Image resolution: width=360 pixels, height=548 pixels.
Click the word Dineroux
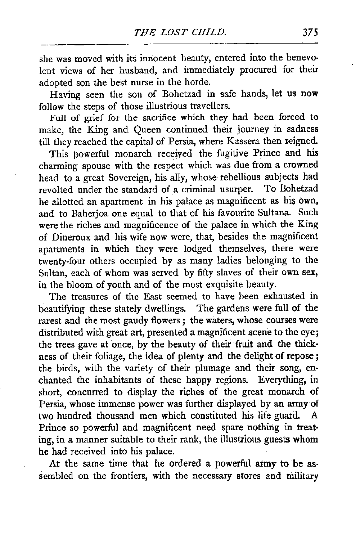(72, 237)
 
